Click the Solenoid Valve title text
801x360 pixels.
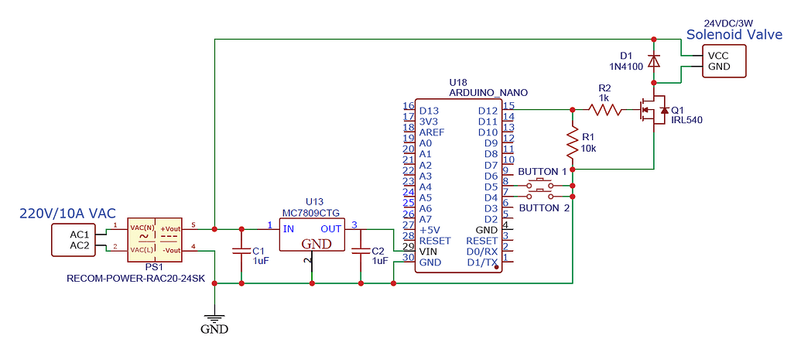pyautogui.click(x=734, y=35)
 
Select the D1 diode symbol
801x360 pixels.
pyautogui.click(x=654, y=60)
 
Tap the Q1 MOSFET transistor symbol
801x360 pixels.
pyautogui.click(x=654, y=112)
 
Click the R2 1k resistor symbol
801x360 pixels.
pyautogui.click(x=605, y=110)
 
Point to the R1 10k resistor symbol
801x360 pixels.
pyautogui.click(x=573, y=142)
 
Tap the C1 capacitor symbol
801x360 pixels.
pyautogui.click(x=241, y=251)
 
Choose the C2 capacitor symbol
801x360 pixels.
pyautogui.click(x=361, y=251)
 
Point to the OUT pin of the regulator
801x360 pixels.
pyautogui.click(x=330, y=228)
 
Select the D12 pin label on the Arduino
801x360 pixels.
pyautogui.click(x=488, y=111)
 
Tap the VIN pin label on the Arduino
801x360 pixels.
pyautogui.click(x=430, y=252)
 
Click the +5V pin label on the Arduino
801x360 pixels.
pyautogui.click(x=430, y=230)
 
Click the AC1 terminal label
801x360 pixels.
pyautogui.click(x=80, y=235)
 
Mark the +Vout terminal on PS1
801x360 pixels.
pyautogui.click(x=170, y=228)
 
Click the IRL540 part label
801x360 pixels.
pyautogui.click(x=687, y=120)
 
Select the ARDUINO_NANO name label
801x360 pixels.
pyautogui.click(x=488, y=92)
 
